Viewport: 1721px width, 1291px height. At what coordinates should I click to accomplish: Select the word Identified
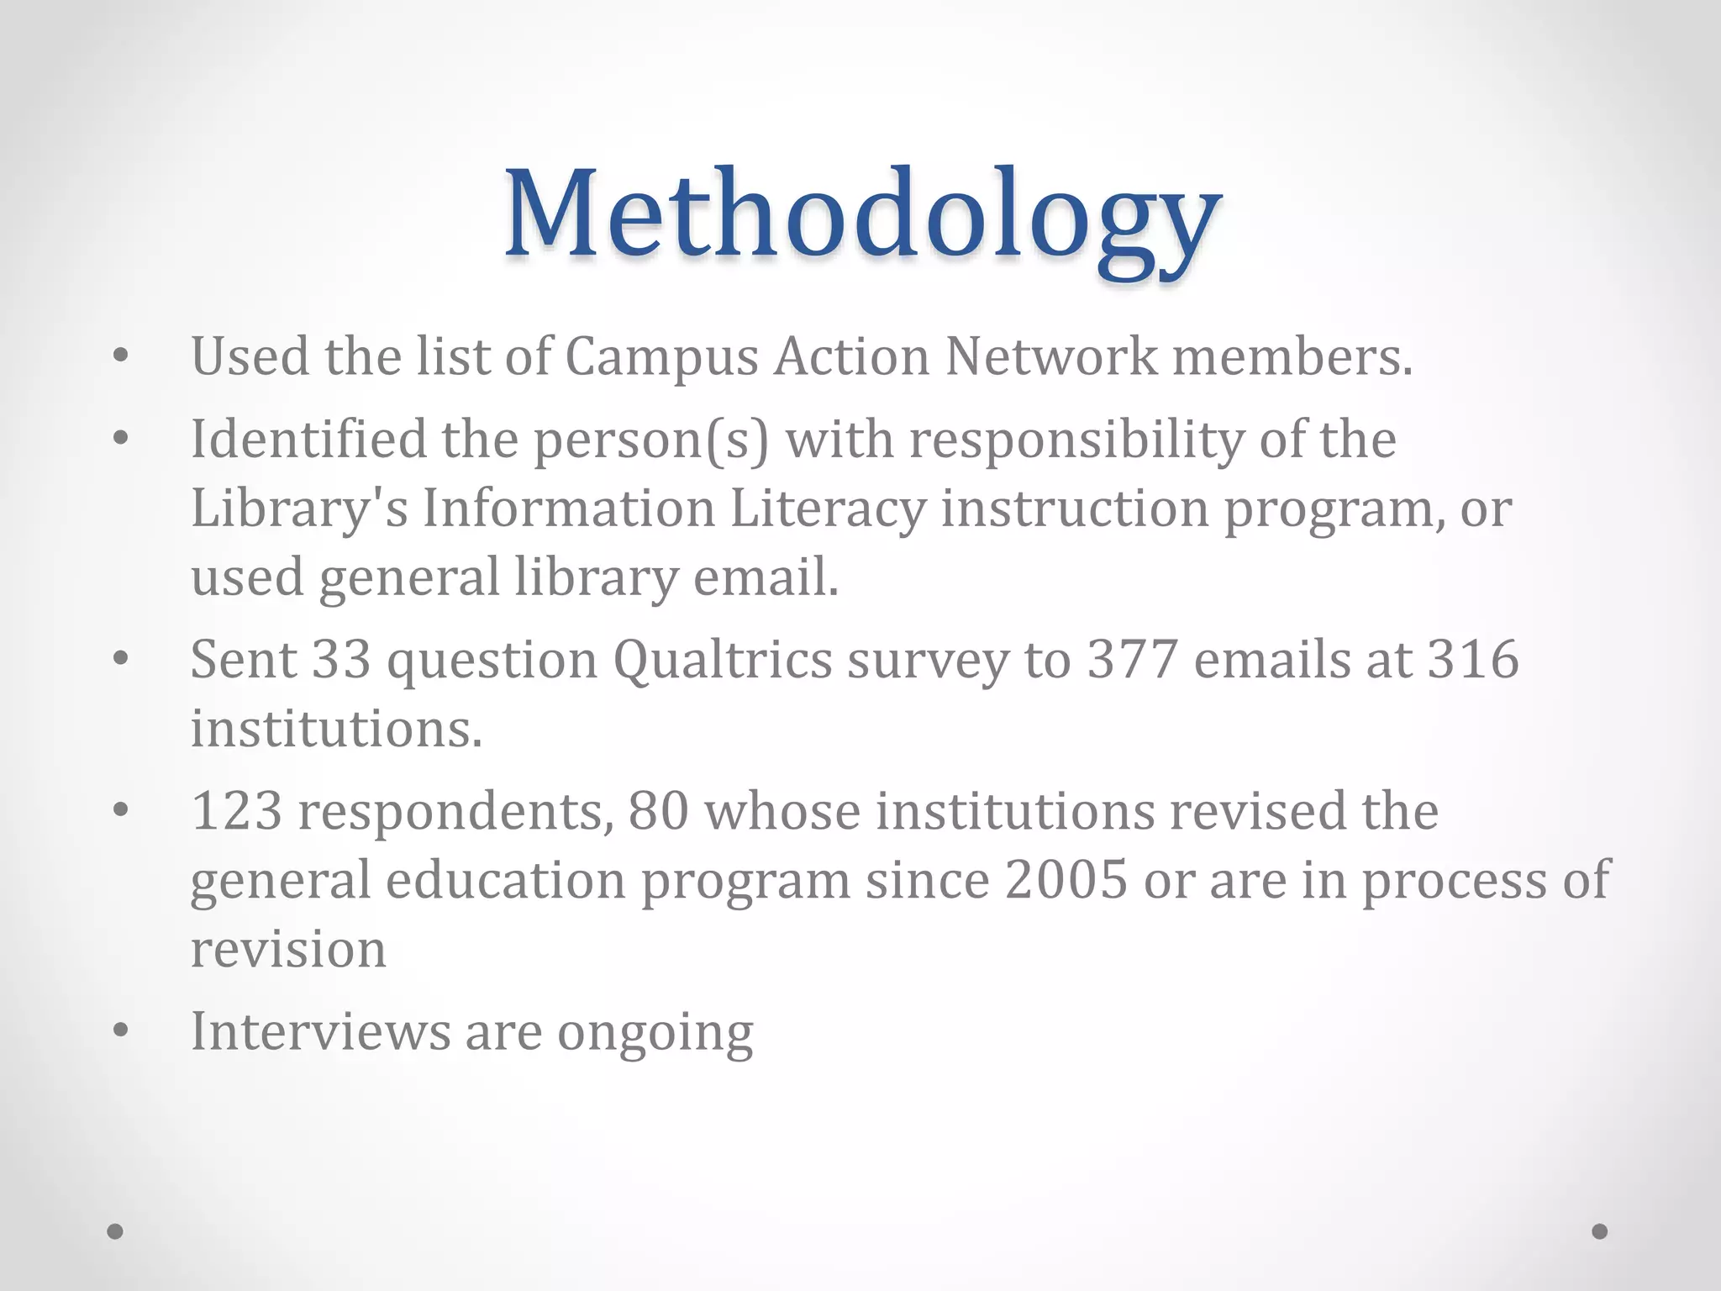click(x=308, y=440)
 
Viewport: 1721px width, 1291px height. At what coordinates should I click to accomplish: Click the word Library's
click(x=299, y=509)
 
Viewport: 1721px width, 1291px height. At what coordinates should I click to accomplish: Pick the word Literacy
click(x=827, y=509)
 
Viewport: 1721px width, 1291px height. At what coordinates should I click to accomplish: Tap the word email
click(x=765, y=578)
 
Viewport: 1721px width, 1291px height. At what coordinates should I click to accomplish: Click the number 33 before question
click(x=341, y=659)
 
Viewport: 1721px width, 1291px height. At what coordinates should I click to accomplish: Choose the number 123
click(x=236, y=812)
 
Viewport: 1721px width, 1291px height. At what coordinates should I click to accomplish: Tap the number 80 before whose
click(x=658, y=812)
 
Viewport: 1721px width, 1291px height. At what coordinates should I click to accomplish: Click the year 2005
click(x=1066, y=881)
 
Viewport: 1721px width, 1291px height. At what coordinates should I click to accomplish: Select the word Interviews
click(x=320, y=1032)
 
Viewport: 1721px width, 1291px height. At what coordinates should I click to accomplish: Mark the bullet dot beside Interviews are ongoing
click(x=121, y=1030)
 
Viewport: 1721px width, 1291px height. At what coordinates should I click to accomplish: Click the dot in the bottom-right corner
click(x=1600, y=1231)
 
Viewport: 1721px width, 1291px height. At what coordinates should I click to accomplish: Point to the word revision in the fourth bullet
click(x=288, y=950)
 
